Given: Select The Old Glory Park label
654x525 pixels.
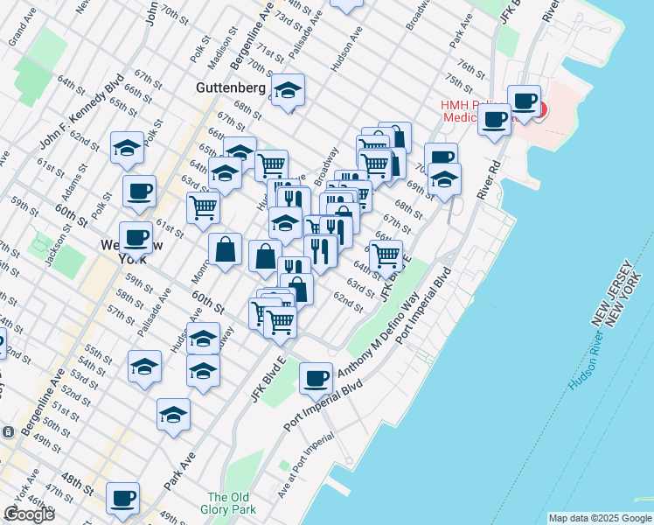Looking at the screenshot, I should point(231,503).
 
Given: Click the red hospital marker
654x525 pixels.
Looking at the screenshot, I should point(539,110).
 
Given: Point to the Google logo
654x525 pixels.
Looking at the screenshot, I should point(28,514).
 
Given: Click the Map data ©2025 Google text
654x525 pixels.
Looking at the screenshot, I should point(600,518).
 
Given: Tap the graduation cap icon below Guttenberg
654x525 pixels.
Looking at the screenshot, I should point(287,89).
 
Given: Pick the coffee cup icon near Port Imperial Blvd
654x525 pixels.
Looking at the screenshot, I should point(316,378).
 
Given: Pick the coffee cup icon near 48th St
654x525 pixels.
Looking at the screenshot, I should point(122,497).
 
